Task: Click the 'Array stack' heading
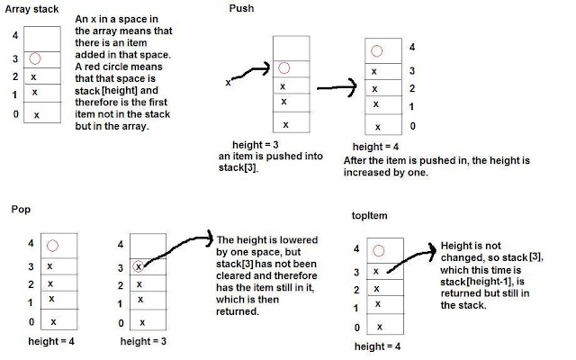(x=31, y=10)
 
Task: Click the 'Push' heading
(x=241, y=8)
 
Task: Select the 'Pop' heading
(x=21, y=210)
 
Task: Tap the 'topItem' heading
(x=369, y=215)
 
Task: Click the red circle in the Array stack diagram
(x=35, y=58)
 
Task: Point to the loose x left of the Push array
(x=228, y=83)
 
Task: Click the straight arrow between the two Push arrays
(x=337, y=87)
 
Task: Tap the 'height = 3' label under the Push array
(x=256, y=145)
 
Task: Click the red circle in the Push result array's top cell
(x=376, y=51)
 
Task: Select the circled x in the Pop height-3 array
(x=138, y=266)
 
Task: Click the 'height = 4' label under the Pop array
(x=51, y=341)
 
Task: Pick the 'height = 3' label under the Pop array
(x=143, y=341)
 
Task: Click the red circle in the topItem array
(x=378, y=251)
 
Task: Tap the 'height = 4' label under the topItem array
(x=377, y=346)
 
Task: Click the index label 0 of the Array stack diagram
(x=16, y=114)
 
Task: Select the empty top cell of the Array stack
(x=42, y=39)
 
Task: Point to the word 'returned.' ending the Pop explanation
(x=238, y=311)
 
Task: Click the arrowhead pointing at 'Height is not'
(x=432, y=251)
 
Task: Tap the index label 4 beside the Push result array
(x=412, y=47)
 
